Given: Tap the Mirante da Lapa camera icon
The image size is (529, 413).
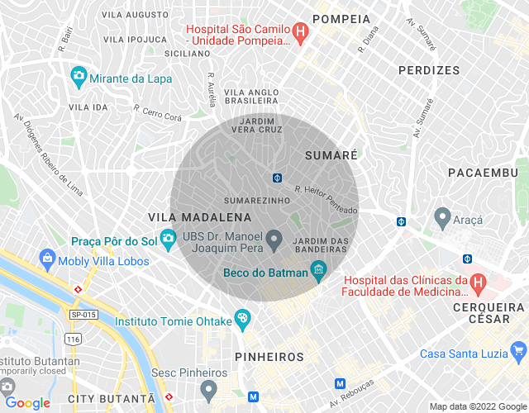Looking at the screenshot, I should click(79, 76).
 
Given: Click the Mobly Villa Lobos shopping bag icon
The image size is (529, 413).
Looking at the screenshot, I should click(47, 260).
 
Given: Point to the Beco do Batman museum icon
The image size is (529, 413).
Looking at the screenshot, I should click(317, 270).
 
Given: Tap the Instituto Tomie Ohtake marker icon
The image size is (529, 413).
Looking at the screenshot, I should click(242, 319).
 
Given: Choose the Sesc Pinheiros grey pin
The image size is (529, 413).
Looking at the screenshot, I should click(209, 388).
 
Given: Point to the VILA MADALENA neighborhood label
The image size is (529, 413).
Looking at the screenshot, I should click(199, 216).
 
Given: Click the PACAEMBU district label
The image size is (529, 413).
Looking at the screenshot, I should click(482, 172).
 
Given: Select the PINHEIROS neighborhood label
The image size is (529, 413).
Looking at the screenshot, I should click(269, 356).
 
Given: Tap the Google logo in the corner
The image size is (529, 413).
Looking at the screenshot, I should click(27, 402).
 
